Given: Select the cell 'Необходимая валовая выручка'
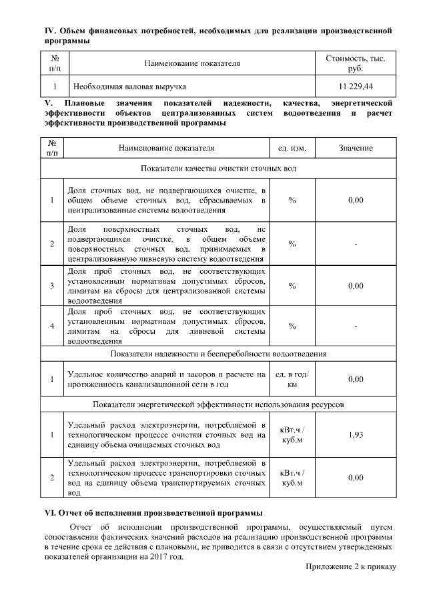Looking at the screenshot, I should click(129, 87).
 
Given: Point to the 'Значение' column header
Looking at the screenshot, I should click(356, 148).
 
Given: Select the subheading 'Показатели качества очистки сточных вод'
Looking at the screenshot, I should click(218, 168).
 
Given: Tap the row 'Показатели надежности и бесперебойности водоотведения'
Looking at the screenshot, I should click(218, 353).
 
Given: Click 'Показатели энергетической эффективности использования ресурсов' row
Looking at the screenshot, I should click(218, 404).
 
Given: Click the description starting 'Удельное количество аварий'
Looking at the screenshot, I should click(167, 379).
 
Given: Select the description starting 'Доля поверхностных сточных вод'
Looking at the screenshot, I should click(167, 243).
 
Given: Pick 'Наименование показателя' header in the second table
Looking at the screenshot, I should click(167, 148).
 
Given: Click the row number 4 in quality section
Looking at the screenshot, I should click(51, 326).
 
